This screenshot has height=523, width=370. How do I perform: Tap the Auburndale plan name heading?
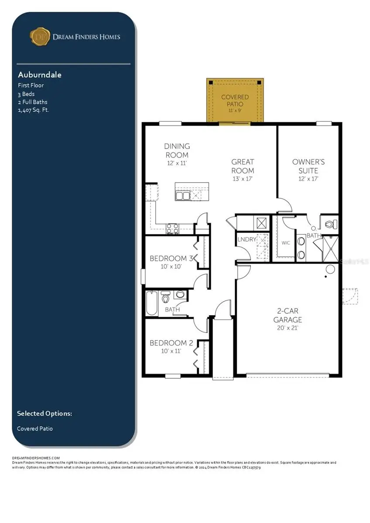(39, 75)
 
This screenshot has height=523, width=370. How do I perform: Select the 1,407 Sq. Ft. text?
(34, 110)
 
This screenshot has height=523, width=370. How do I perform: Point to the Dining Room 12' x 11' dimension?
(177, 163)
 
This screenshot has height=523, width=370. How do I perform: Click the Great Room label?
(243, 166)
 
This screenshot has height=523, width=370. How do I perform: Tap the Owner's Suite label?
(308, 166)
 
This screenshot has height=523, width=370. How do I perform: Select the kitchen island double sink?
(183, 196)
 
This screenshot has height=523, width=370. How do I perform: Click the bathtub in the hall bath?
(151, 303)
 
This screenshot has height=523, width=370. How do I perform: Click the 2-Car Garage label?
(288, 315)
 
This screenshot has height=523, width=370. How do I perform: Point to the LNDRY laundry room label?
(246, 239)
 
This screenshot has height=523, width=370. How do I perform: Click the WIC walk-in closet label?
(286, 243)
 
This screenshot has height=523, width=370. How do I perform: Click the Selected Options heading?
(45, 413)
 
